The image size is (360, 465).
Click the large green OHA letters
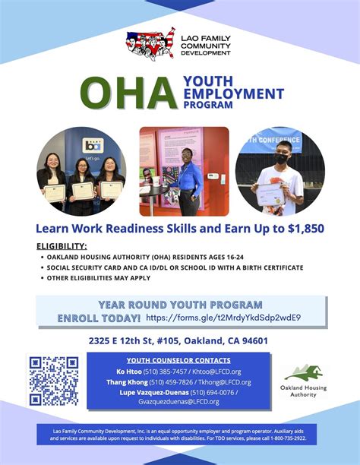[128, 93]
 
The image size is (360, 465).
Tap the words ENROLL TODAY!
[99, 318]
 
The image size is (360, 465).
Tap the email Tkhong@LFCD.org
[225, 381]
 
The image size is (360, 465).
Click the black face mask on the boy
[281, 159]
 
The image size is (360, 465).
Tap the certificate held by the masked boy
[270, 194]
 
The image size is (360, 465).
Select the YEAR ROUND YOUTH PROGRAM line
[180, 304]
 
